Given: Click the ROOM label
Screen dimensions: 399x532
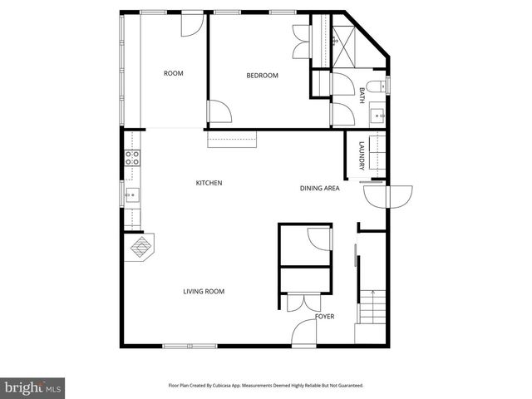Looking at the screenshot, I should click(173, 74).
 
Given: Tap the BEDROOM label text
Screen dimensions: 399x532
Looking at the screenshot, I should click(262, 76).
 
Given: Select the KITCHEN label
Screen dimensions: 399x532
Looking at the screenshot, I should click(209, 183).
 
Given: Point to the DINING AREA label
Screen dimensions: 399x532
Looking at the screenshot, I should click(320, 189).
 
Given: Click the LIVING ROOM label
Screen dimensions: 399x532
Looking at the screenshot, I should click(204, 292).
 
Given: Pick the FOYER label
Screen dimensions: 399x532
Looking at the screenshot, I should click(325, 318).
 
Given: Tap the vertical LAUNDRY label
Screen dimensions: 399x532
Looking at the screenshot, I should click(362, 157).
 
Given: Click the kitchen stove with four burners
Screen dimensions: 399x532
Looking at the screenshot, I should click(131, 158).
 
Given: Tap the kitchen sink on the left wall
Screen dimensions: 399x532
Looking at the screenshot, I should click(131, 196).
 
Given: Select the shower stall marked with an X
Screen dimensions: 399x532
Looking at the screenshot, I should click(342, 37).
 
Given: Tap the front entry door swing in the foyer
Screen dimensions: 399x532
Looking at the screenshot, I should click(304, 332).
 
